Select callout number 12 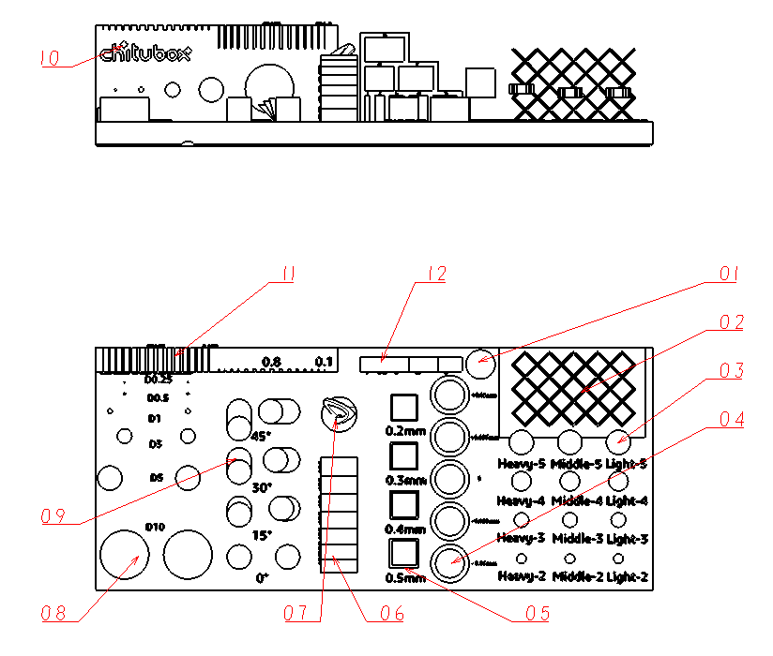pos(434,274)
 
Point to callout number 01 pos(729,274)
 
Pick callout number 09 pos(53,515)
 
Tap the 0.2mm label pos(405,431)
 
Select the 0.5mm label pos(405,577)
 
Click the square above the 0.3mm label pos(403,456)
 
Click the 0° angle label pos(263,578)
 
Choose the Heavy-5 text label pos(522,464)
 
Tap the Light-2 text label pos(627,577)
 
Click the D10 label pos(155,527)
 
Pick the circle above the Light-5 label pos(617,440)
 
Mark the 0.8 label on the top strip pos(271,361)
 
